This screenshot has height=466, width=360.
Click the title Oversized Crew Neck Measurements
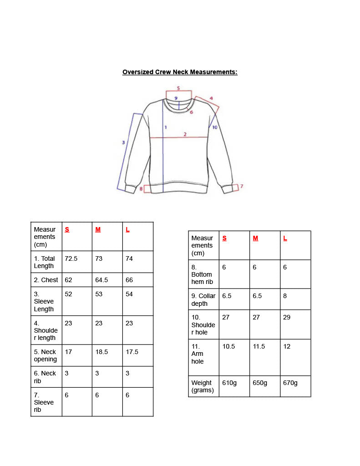point(180,72)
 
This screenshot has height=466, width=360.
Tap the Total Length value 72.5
point(71,258)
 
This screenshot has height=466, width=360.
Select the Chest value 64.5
point(101,280)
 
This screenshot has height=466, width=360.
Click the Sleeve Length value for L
point(129,294)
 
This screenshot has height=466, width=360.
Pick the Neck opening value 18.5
point(101,352)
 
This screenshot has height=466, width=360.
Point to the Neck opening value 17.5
point(132,352)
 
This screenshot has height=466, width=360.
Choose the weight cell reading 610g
point(229,383)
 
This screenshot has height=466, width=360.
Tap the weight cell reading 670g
point(290,383)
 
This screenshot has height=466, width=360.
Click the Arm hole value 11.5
point(259,346)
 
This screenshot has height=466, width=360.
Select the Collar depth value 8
point(285,296)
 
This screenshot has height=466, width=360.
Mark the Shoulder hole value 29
point(287,317)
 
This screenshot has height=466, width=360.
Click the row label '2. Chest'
point(46,280)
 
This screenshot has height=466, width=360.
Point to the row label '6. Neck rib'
point(45,377)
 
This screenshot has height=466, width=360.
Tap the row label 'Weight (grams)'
point(203,386)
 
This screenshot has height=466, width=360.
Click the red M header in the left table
point(98,229)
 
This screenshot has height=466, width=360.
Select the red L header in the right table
point(285,238)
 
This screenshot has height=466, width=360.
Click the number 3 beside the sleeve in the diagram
point(123,142)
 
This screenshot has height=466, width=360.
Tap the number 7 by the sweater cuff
point(241,186)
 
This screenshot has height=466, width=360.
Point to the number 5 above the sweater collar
point(178,88)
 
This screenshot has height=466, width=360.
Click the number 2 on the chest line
point(185,134)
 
